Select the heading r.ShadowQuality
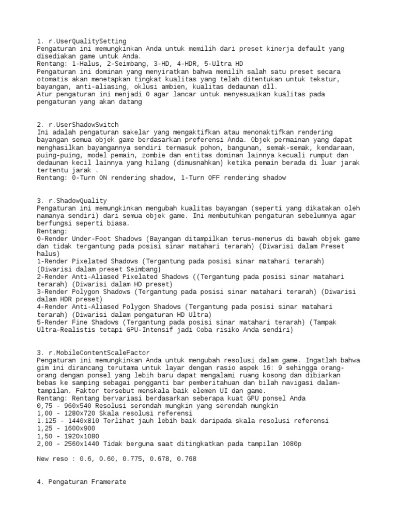pos(78,200)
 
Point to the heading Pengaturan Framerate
pos(87,482)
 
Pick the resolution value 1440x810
pos(82,421)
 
